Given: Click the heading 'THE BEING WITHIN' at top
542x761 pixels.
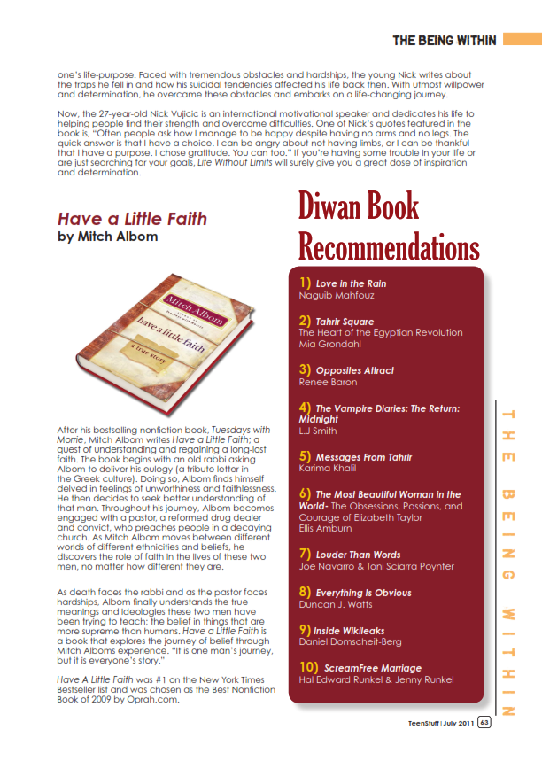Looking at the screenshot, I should (x=444, y=40).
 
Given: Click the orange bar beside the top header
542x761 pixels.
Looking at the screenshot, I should (x=521, y=40).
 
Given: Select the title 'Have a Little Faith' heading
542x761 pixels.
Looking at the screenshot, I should (x=132, y=219).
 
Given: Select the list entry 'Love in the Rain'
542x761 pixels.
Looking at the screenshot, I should (x=351, y=283).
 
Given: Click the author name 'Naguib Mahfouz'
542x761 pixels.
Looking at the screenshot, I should (x=336, y=295).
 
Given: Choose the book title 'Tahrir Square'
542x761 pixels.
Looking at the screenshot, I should (x=345, y=322).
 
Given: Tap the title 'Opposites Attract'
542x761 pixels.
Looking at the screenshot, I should (x=354, y=370).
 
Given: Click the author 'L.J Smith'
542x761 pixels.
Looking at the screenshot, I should (x=318, y=431).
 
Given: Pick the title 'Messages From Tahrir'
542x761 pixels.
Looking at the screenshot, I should (x=363, y=457).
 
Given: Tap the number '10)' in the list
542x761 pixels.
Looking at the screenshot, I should (x=310, y=667).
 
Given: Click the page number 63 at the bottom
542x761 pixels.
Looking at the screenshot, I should (x=484, y=722).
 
